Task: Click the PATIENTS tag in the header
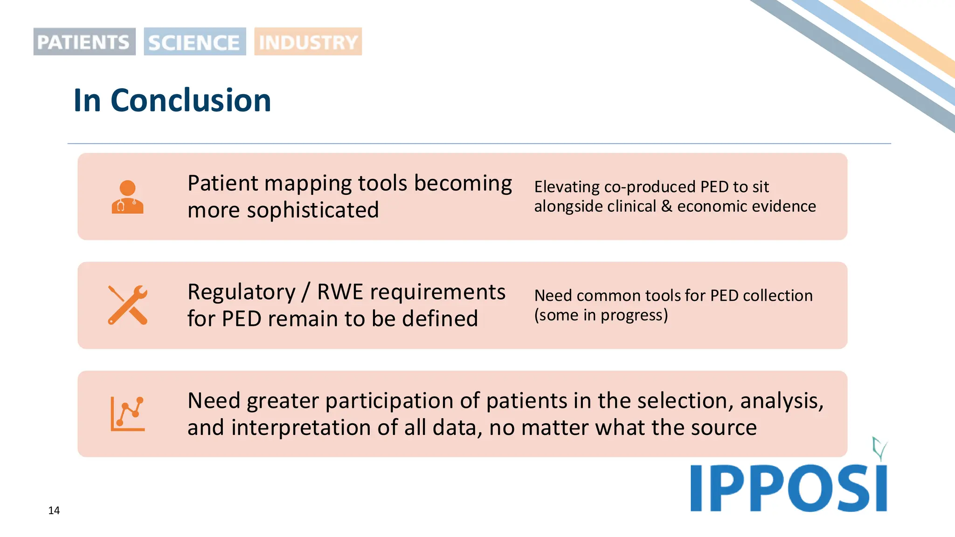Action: (x=84, y=42)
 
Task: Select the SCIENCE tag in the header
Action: (x=194, y=42)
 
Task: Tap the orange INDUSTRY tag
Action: (x=308, y=42)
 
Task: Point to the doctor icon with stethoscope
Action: (x=127, y=197)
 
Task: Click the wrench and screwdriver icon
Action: (x=127, y=305)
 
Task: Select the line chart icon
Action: (x=127, y=414)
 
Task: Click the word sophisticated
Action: (x=312, y=210)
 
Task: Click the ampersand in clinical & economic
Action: (x=666, y=206)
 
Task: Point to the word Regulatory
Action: (x=242, y=292)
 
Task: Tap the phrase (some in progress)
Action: (x=601, y=316)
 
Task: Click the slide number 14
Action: (x=54, y=510)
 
